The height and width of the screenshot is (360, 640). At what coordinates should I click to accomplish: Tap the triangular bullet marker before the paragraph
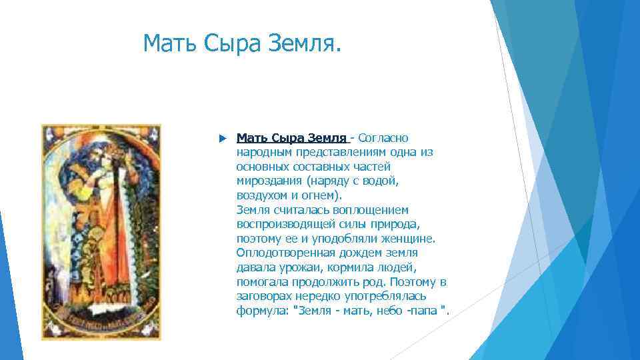[221, 138]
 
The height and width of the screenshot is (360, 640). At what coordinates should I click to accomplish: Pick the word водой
[381, 181]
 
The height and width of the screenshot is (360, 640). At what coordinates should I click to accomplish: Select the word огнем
[325, 195]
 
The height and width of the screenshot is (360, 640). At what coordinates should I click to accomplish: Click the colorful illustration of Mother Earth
[101, 231]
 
